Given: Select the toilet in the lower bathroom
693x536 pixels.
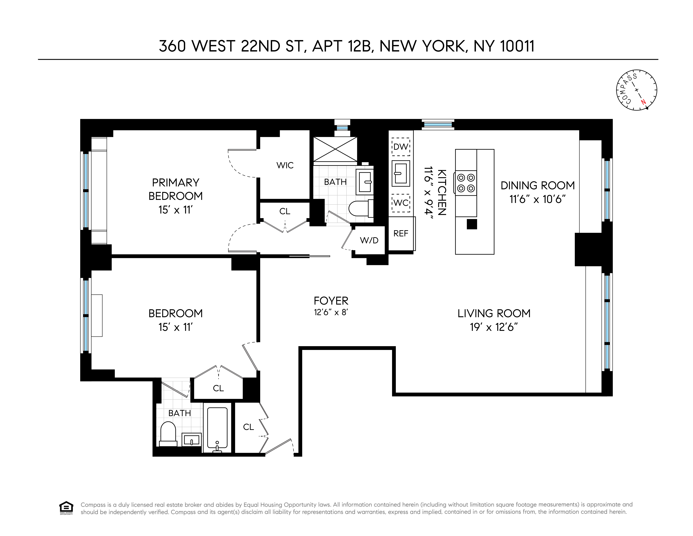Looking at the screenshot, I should click(x=168, y=434).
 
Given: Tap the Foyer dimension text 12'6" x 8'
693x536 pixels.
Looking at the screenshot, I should click(x=331, y=312).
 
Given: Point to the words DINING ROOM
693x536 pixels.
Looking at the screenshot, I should click(x=538, y=185).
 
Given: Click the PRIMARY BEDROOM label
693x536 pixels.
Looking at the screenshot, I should click(x=176, y=189).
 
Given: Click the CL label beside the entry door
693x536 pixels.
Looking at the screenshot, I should click(x=248, y=427).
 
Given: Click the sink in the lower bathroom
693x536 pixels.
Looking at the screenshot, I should click(x=192, y=440).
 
